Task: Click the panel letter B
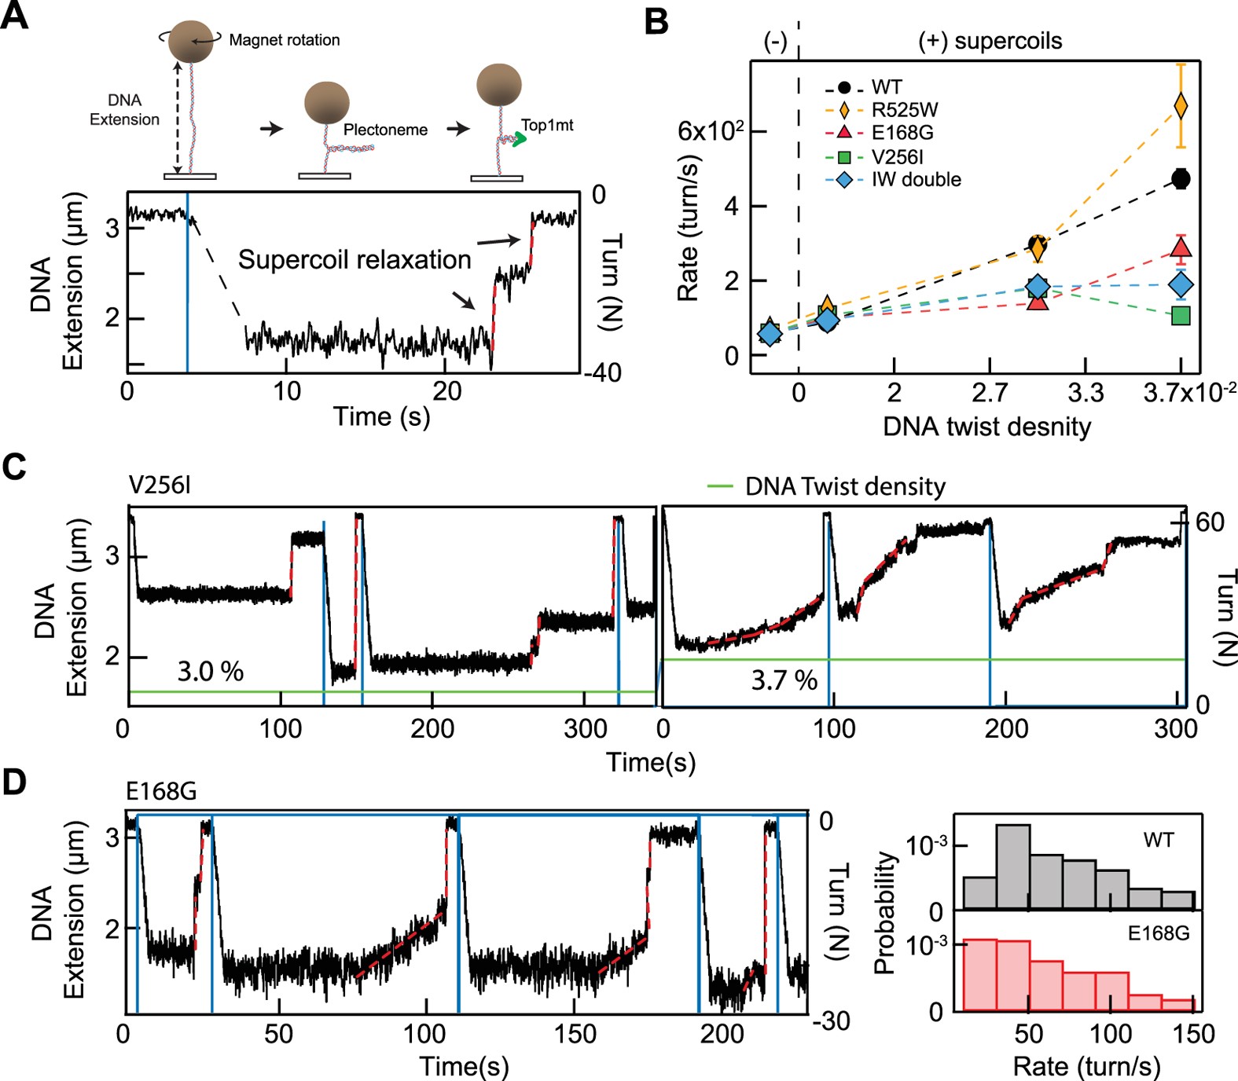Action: tap(656, 21)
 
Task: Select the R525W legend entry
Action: tap(904, 110)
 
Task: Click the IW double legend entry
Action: tap(916, 180)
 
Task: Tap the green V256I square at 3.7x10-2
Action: tap(1180, 316)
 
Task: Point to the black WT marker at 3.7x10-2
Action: tap(1180, 179)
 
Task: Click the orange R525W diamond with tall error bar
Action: tap(1180, 106)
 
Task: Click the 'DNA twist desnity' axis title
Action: tap(986, 427)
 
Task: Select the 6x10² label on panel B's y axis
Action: tap(711, 131)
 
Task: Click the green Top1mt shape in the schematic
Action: tap(517, 141)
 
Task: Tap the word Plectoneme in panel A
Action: tap(385, 130)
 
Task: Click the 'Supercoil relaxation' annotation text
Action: tap(355, 260)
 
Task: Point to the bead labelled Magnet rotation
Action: tap(190, 42)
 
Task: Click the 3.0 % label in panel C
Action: tap(210, 672)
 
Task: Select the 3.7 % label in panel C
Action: tap(784, 680)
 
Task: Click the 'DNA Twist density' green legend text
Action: tap(845, 487)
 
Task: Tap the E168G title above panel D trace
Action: tap(162, 792)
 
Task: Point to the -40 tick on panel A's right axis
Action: tap(603, 372)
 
